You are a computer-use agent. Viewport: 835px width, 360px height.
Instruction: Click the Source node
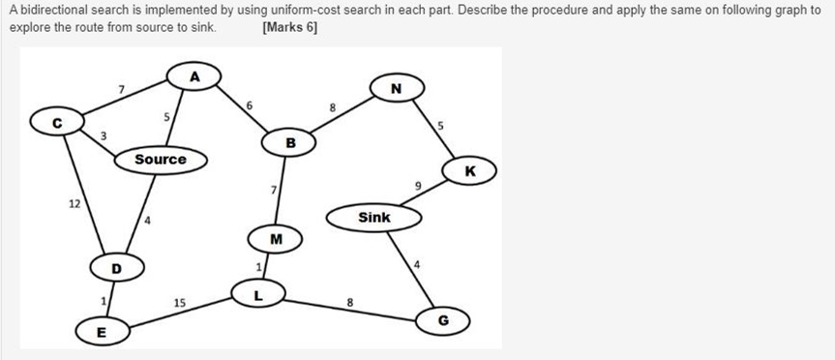coord(161,159)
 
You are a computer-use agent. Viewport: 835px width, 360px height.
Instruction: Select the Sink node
coord(374,217)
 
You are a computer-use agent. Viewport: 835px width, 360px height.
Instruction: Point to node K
coord(469,171)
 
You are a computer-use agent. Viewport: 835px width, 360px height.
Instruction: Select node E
coord(100,333)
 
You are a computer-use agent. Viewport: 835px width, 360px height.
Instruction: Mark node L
coord(257,291)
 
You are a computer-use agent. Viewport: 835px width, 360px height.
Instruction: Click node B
coord(290,143)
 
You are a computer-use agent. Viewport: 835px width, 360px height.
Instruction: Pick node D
coord(117,266)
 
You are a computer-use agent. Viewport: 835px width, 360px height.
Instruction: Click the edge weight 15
coord(180,304)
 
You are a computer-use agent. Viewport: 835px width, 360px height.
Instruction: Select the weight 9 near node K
coord(418,185)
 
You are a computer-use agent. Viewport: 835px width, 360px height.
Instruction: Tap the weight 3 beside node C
coord(104,135)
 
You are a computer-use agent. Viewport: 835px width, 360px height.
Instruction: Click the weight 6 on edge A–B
coord(249,104)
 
